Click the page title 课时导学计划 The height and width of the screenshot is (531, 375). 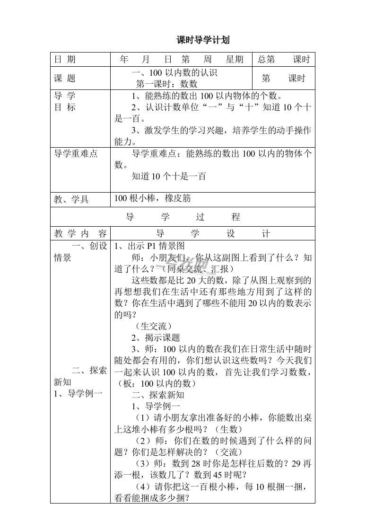pos(203,40)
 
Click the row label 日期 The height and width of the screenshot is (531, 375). pos(65,60)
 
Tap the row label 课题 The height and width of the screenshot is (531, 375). pos(65,79)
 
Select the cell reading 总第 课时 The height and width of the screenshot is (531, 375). pos(283,60)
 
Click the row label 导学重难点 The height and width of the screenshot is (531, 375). pos(76,154)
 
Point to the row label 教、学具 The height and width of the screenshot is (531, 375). pos(71,199)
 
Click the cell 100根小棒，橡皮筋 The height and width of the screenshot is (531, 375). pos(152,199)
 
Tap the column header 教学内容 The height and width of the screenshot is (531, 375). pos(80,234)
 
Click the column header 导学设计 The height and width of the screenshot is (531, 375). pos(212,234)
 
